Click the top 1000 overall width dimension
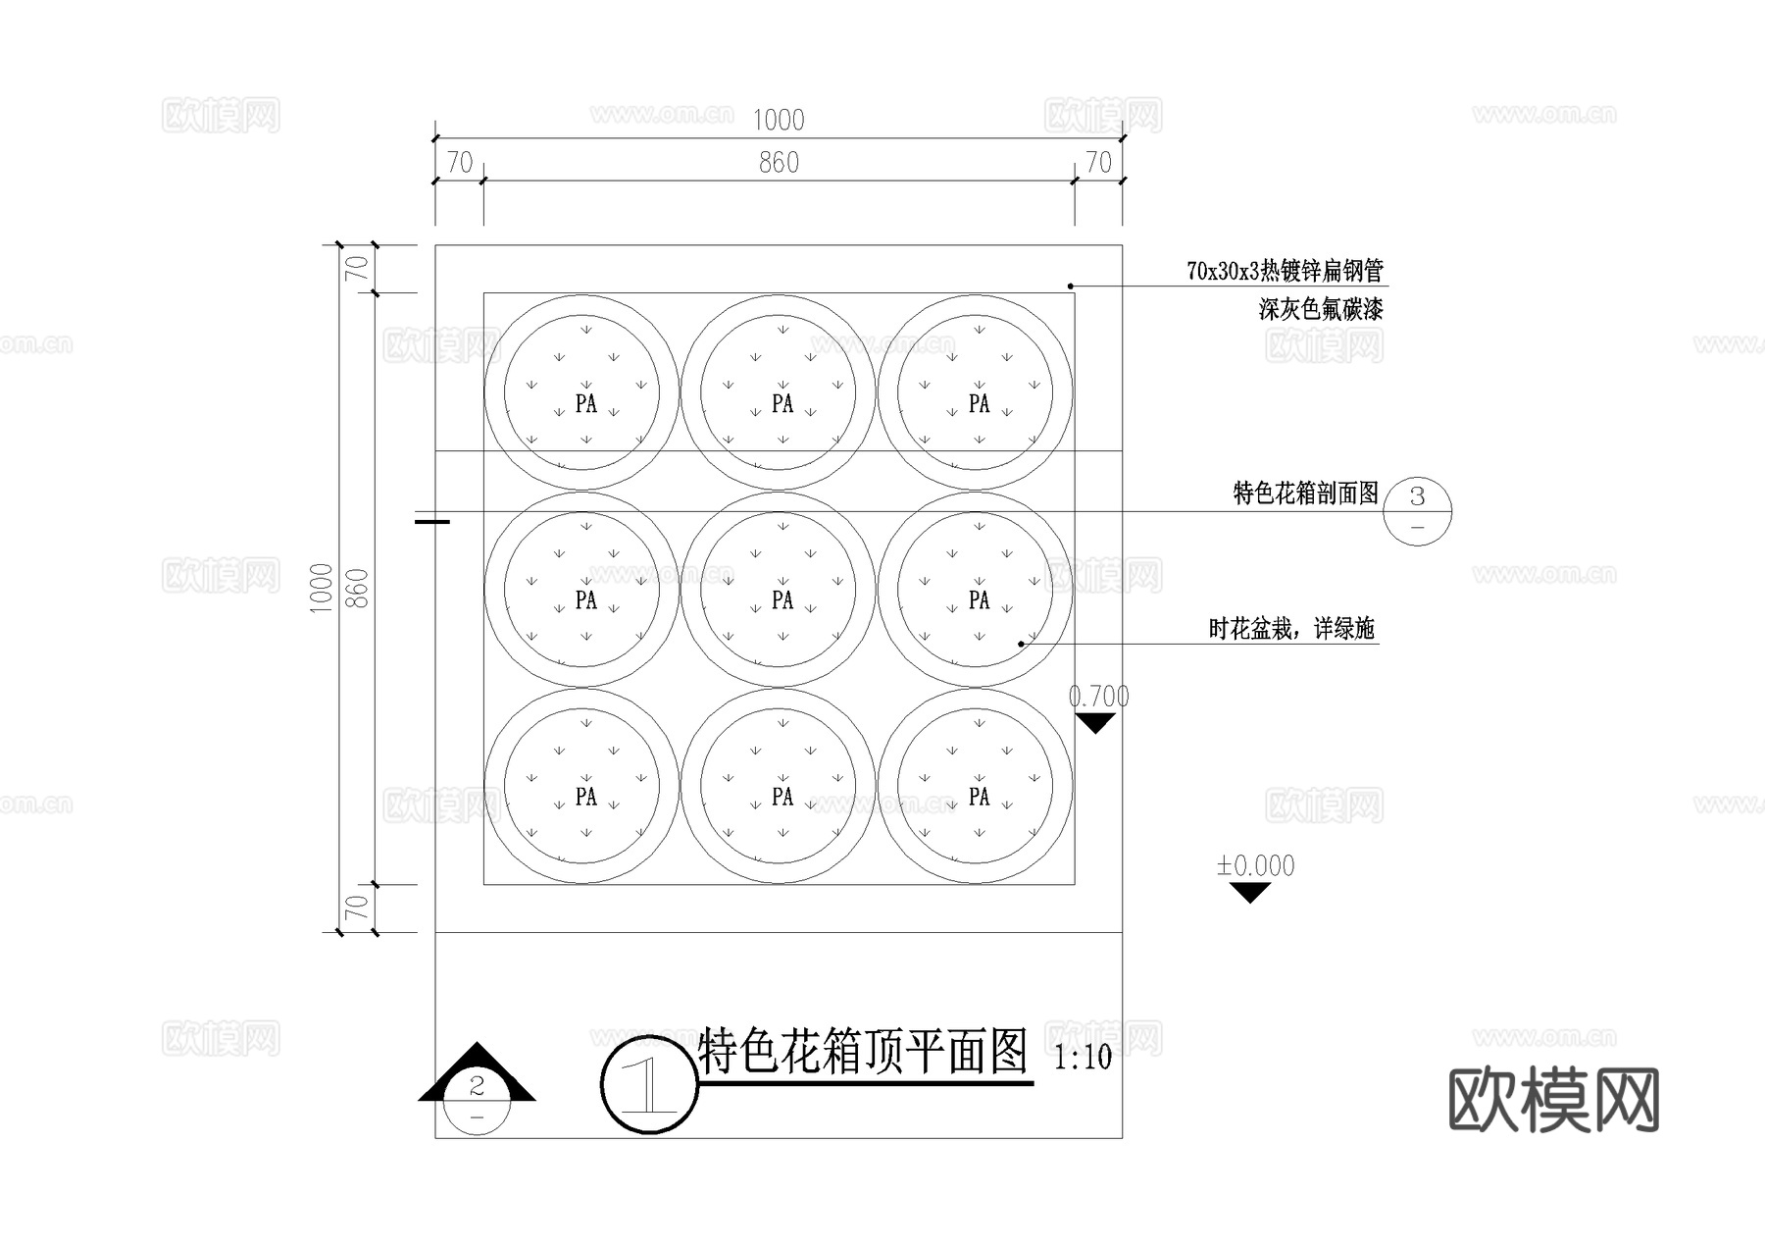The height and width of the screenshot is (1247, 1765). point(779,121)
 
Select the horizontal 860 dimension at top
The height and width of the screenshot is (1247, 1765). point(779,163)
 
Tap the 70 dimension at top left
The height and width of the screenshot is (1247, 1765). point(460,163)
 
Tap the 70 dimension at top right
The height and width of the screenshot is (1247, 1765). point(1098,163)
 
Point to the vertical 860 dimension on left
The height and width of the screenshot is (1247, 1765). point(360,588)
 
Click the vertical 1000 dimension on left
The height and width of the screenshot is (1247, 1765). point(322,588)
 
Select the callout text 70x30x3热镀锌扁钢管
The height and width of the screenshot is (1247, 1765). point(1285,271)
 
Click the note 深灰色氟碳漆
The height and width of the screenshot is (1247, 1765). point(1321,310)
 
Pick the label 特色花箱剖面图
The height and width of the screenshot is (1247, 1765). point(1305,493)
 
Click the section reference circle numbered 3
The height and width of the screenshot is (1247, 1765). point(1417,511)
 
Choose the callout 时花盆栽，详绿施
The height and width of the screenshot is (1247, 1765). point(1291,629)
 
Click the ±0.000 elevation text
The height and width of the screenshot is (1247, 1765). point(1255,866)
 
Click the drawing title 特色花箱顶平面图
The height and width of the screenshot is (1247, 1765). point(863,1052)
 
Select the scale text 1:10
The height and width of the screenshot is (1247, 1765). point(1083,1058)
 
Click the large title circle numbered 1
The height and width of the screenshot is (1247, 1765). point(648,1084)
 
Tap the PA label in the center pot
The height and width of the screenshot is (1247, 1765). point(782,599)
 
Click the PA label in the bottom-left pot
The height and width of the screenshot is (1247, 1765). point(585,797)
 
